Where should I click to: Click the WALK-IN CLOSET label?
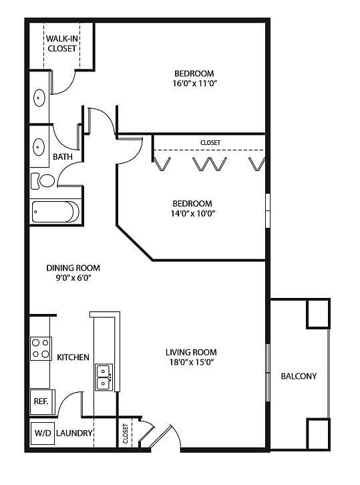62,43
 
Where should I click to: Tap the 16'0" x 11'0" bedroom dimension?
194,84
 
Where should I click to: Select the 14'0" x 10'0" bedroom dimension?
192,213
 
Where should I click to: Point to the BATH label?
63,157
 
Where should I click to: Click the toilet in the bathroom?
43,180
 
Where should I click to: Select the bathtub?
55,212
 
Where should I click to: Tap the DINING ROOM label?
73,268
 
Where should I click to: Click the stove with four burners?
41,348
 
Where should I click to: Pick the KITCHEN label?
73,357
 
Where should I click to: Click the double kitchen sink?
104,377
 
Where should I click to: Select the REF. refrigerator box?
42,401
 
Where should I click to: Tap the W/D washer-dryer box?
43,434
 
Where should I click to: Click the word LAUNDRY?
74,433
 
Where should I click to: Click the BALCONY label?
299,376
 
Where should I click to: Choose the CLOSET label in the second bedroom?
210,142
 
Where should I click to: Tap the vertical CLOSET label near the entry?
126,434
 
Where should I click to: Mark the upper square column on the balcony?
318,313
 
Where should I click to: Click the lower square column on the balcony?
318,434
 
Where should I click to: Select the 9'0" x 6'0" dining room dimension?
73,278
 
